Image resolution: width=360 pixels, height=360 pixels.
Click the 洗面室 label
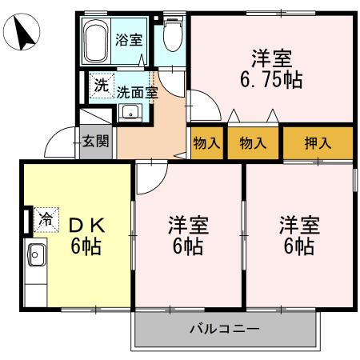(x=137, y=91)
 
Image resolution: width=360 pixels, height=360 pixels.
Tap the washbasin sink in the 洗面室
(x=129, y=111)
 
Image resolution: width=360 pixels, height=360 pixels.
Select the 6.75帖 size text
(x=271, y=80)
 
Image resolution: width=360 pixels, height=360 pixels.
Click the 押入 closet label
(x=318, y=143)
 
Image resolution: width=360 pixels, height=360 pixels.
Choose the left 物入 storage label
(x=206, y=143)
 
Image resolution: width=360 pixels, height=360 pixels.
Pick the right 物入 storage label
(x=253, y=143)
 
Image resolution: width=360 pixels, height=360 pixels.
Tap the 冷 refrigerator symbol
(x=46, y=218)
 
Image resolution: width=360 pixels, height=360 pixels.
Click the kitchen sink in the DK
(x=35, y=256)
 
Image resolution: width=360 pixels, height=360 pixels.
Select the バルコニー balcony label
(x=224, y=328)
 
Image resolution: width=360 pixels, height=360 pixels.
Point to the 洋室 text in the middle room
(x=188, y=224)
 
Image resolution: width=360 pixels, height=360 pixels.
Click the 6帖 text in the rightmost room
(x=298, y=246)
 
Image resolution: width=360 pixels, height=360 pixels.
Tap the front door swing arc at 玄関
(x=58, y=145)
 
